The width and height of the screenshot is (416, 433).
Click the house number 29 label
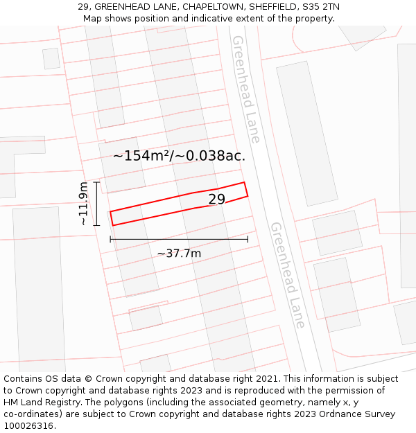pyautogui.click(x=217, y=200)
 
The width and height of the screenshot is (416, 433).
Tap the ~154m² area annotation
pyautogui.click(x=179, y=156)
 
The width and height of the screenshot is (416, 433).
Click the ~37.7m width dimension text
pyautogui.click(x=179, y=254)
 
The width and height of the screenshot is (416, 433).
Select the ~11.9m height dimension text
pyautogui.click(x=84, y=204)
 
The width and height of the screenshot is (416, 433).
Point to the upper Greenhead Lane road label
pyautogui.click(x=245, y=89)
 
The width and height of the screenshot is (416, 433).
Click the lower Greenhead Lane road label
pyautogui.click(x=288, y=275)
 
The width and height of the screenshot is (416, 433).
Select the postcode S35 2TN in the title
pyautogui.click(x=321, y=7)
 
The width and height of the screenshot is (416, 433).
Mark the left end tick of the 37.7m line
pyautogui.click(x=110, y=239)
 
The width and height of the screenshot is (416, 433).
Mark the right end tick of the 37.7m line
pyautogui.click(x=248, y=239)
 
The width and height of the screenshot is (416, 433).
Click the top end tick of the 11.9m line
pyautogui.click(x=96, y=182)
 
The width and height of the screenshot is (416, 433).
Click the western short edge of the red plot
pyautogui.click(x=112, y=218)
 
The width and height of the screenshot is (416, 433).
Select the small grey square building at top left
pyautogui.click(x=51, y=58)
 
